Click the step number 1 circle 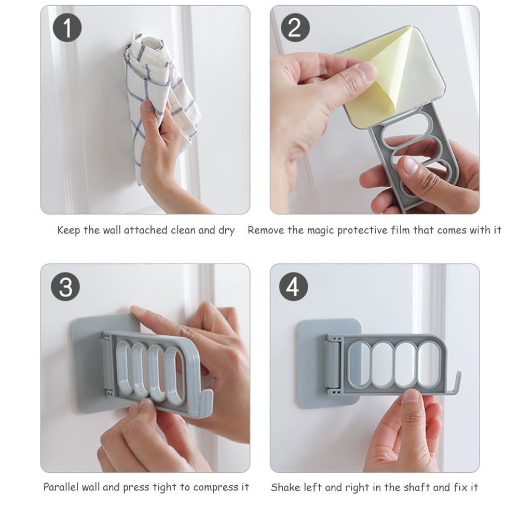[67, 28]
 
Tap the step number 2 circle [294, 28]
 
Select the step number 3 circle [66, 286]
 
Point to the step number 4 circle [294, 286]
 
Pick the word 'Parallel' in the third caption [61, 487]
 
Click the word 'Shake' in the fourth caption [284, 487]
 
